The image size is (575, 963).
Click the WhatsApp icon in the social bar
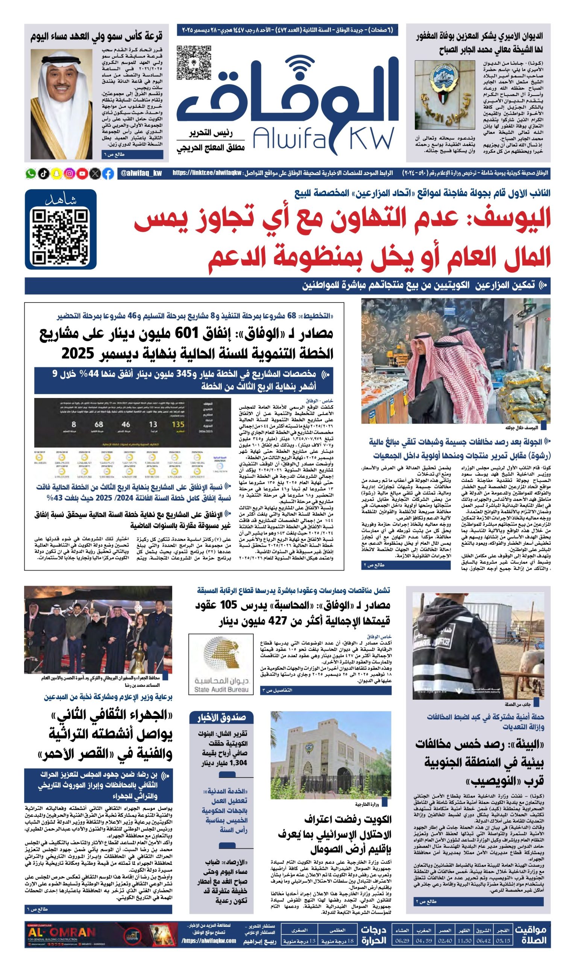(30, 174)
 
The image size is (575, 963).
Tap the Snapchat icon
(56, 174)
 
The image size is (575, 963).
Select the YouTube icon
(82, 174)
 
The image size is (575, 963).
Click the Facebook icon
(108, 174)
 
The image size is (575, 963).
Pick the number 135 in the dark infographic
(178, 424)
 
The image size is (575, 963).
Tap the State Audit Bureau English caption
(221, 690)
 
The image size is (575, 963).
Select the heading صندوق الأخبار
(222, 718)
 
